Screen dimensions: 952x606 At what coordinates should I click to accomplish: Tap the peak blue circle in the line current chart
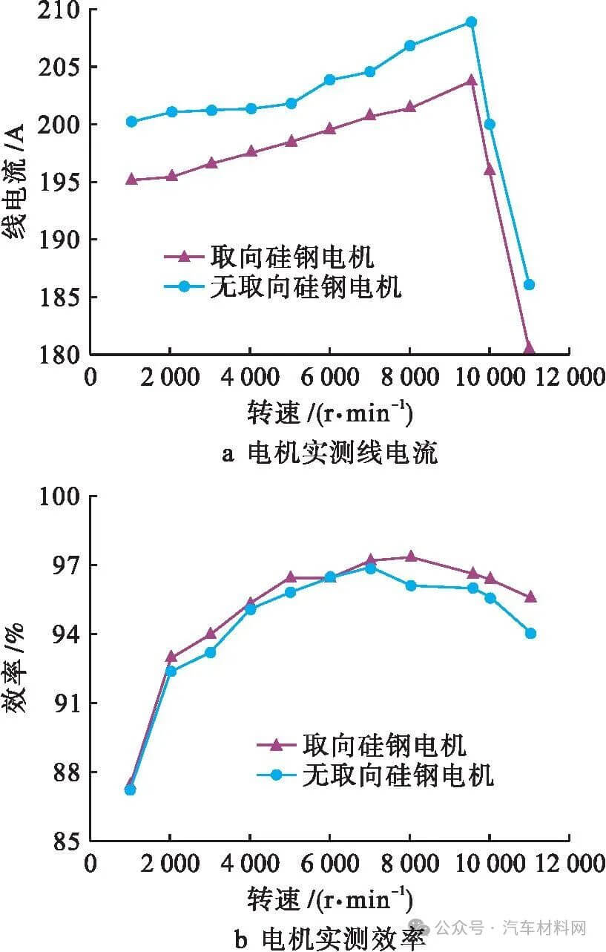[x=470, y=22]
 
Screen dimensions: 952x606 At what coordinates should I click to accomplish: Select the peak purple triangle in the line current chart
[x=470, y=80]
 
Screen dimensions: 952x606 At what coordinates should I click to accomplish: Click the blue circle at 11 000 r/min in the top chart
[x=529, y=284]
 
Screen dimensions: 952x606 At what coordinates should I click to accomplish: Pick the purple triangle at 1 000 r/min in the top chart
[x=131, y=179]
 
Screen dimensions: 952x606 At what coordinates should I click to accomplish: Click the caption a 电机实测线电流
[x=329, y=453]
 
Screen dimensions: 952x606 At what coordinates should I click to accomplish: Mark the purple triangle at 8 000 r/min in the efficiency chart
[x=410, y=557]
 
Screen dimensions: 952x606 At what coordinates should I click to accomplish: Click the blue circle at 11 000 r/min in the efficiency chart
[x=530, y=633]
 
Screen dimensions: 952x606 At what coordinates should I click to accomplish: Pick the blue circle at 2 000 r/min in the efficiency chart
[x=171, y=671]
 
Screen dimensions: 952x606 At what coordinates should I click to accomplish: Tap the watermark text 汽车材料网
[x=545, y=928]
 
